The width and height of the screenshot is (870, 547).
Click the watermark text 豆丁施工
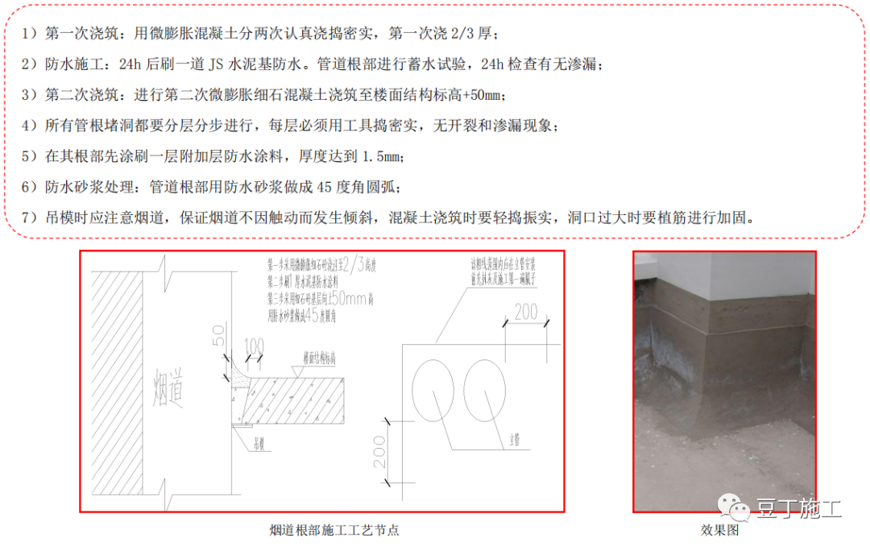pyautogui.click(x=798, y=508)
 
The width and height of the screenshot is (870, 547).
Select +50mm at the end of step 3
pyautogui.click(x=484, y=95)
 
